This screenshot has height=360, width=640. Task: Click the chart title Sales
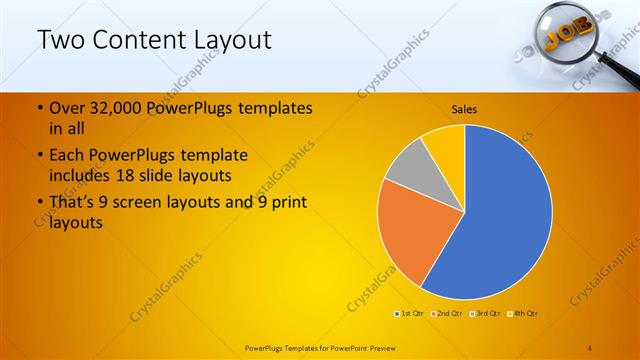click(x=464, y=108)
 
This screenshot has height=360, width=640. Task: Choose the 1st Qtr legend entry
click(x=410, y=314)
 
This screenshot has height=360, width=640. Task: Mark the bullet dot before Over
click(x=39, y=108)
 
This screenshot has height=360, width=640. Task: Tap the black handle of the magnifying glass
click(x=619, y=75)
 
